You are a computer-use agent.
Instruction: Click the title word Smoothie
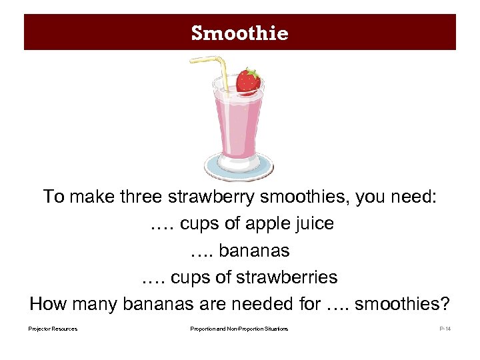239,33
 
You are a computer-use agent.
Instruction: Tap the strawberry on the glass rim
248,81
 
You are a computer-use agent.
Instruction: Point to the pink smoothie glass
237,123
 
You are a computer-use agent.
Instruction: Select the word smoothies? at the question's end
403,304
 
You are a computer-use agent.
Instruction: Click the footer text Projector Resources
53,329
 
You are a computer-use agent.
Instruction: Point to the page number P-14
445,329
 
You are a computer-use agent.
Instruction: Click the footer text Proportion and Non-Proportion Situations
239,329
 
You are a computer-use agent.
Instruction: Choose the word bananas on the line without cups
254,251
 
